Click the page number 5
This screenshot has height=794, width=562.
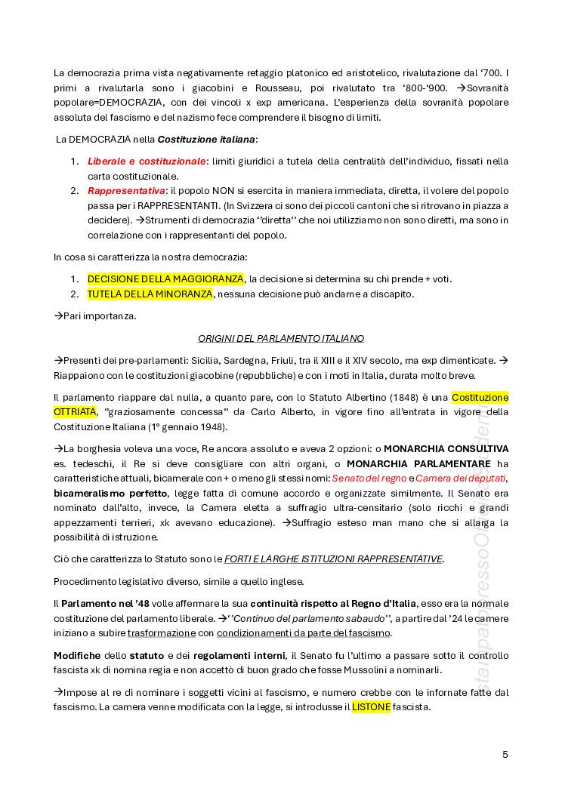coord(505,754)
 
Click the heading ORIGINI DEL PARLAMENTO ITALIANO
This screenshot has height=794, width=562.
coord(281,338)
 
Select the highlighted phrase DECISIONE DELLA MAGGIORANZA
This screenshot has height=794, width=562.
coord(165,279)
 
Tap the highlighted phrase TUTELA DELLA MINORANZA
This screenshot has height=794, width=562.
coord(150,294)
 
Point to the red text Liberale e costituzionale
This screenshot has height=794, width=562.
coord(147,161)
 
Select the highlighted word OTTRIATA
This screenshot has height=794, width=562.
coord(76,411)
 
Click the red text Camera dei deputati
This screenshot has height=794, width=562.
coord(460,478)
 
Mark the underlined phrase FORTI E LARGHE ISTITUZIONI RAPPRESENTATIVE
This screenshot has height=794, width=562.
coord(333,559)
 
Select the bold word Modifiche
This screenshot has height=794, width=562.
coord(76,655)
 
